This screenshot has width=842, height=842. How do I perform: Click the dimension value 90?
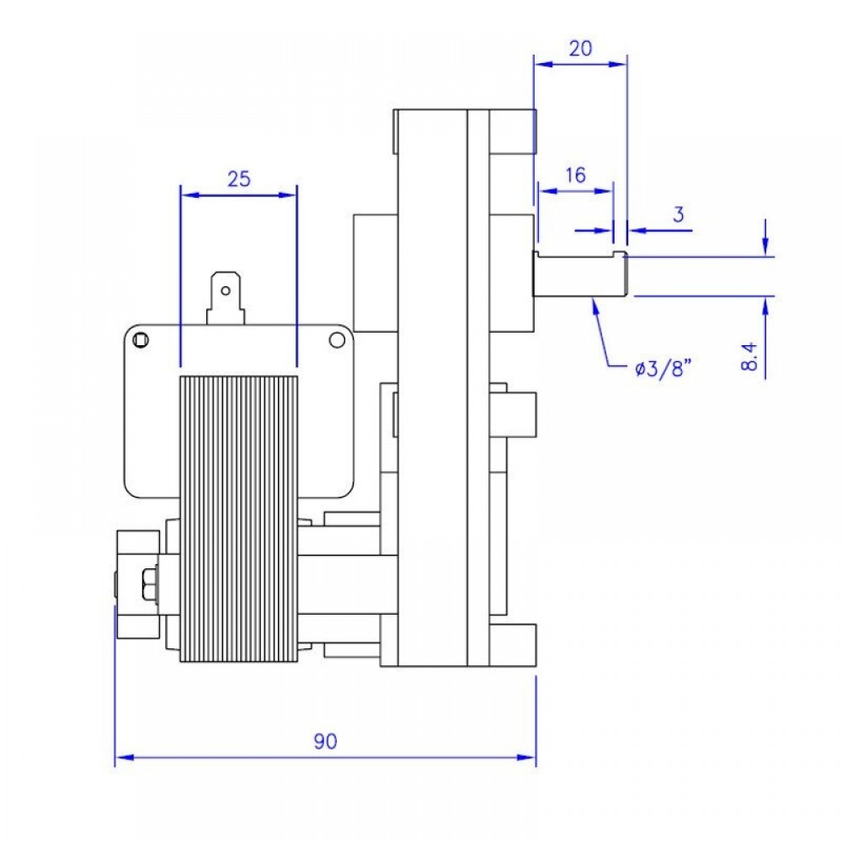tap(325, 742)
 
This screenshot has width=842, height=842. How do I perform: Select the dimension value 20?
tap(581, 48)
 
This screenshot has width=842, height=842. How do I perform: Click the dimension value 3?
tap(679, 213)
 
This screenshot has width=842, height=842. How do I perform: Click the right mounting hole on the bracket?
tap(337, 339)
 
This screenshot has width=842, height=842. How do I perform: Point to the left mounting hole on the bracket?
tap(140, 339)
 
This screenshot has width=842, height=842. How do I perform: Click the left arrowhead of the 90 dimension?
tap(120, 758)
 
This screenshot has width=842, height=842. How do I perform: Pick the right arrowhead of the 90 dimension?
tap(530, 758)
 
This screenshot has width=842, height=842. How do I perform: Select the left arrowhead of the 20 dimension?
tap(541, 63)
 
